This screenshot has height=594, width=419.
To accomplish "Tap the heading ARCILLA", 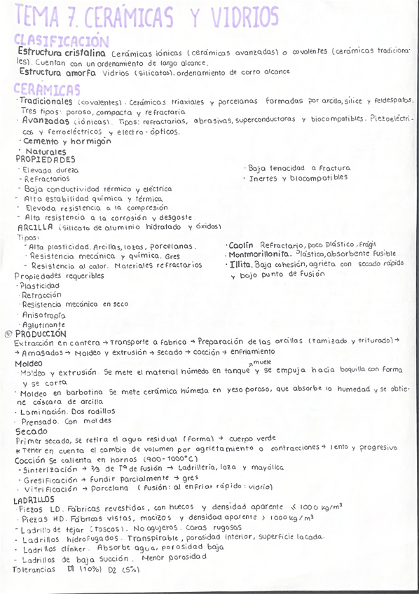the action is coord(35,227).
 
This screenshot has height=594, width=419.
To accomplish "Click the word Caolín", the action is coord(240,245).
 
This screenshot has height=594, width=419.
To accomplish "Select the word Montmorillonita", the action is coord(259,254).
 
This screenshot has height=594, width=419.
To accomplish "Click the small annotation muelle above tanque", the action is coord(261,361).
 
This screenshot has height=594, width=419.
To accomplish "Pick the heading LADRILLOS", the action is coord(34,499).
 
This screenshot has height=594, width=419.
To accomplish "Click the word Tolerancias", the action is coord(34,569).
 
